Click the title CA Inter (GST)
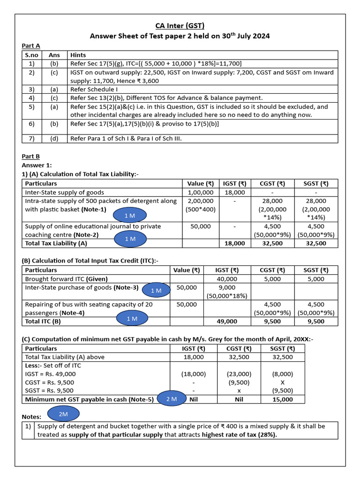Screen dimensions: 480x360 point(180,26)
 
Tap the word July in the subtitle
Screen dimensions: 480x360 point(235,36)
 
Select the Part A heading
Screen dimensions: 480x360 point(31,45)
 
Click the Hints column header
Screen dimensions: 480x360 point(78,55)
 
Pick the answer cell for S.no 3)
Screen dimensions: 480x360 point(54,89)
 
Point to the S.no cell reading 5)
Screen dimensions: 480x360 point(31,106)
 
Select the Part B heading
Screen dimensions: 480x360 point(31,157)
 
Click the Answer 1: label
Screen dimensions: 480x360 point(37,165)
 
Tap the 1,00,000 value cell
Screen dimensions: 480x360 point(201,192)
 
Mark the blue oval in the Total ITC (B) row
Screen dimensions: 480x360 point(132,319)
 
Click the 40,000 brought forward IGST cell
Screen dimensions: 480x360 point(226,279)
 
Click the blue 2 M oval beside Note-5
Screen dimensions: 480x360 point(172,399)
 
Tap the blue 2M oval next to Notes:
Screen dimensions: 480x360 point(63,414)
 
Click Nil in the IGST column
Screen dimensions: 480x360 point(194,399)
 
